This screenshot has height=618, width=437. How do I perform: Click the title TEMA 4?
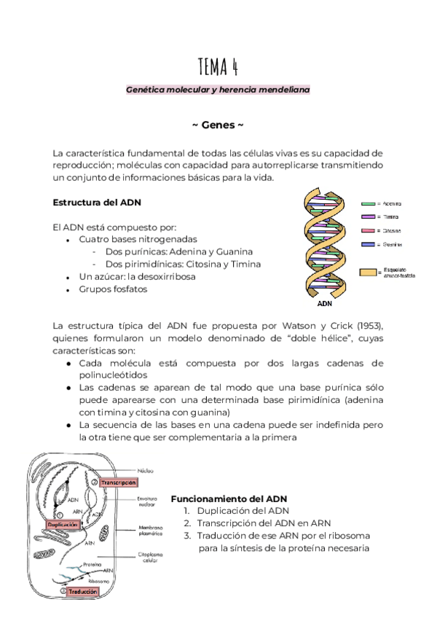[x=218, y=67]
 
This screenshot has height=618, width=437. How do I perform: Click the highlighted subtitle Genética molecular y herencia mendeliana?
[x=218, y=90]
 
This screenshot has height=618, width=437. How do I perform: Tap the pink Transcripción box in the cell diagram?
[x=119, y=482]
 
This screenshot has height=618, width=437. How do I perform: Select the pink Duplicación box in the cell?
[x=63, y=524]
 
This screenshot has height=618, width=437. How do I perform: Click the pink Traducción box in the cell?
[x=83, y=592]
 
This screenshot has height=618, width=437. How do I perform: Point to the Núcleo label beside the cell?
[x=146, y=470]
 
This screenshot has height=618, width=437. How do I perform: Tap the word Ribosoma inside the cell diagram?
[x=99, y=581]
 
